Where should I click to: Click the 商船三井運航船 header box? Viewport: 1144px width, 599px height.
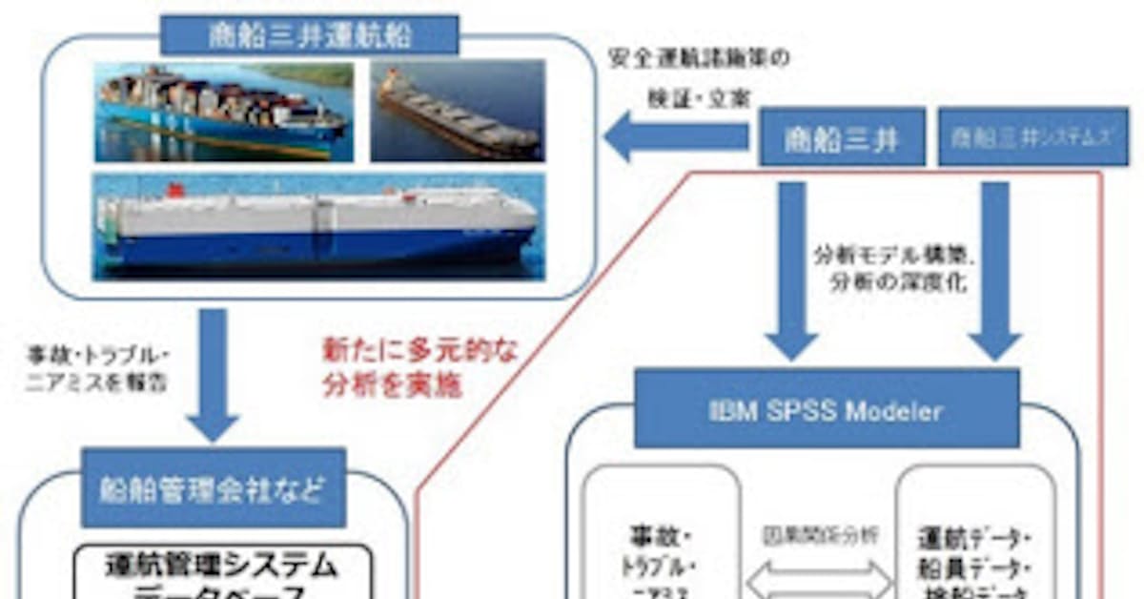[x=310, y=35]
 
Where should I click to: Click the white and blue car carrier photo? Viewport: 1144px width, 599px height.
[x=318, y=227]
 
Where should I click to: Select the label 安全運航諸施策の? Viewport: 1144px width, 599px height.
[x=699, y=59]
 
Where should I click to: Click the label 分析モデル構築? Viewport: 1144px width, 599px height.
[x=890, y=257]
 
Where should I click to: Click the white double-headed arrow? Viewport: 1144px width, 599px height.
[x=819, y=578]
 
